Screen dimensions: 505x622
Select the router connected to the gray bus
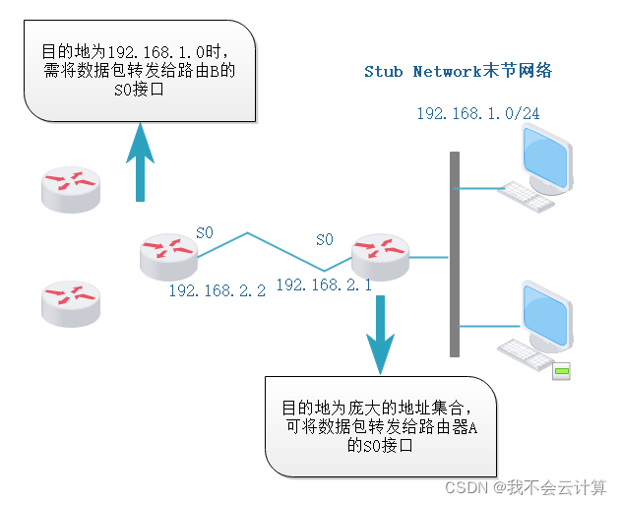coord(379,256)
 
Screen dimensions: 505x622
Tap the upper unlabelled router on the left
coord(71,188)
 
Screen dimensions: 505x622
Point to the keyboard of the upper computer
coord(526,198)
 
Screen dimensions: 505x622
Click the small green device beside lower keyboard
coord(561,371)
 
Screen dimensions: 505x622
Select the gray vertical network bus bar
coord(454,254)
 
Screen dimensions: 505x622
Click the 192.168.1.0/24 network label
coord(477,114)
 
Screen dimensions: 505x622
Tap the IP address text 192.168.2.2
coord(217,291)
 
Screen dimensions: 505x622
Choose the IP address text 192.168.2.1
coord(323,284)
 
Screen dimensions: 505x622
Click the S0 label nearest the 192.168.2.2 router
coord(205,232)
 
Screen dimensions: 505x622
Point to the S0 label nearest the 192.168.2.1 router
coord(325,239)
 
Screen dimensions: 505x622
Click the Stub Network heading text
coord(458,72)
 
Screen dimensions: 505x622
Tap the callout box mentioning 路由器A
coord(380,426)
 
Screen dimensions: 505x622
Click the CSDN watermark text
coord(526,487)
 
